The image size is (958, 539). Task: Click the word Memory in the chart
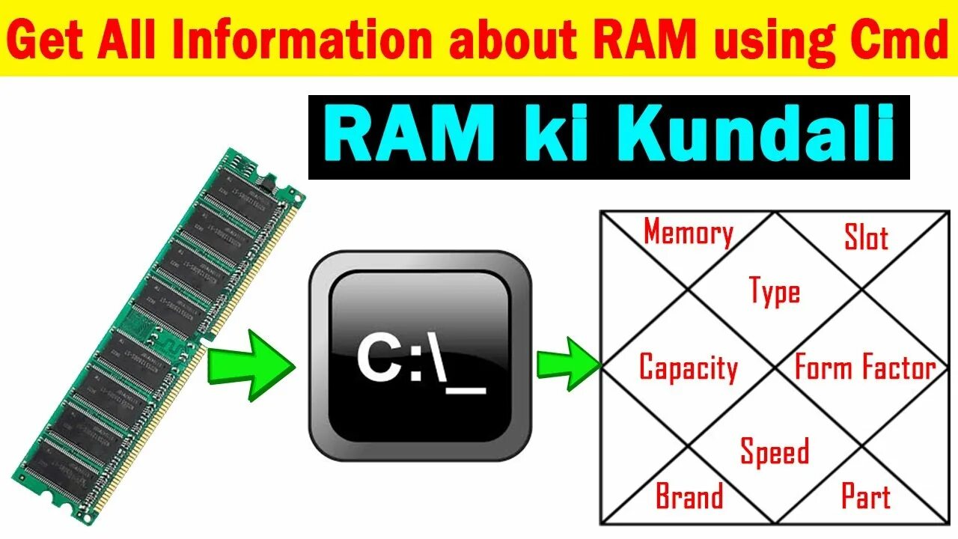(688, 233)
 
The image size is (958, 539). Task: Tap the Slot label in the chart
(866, 237)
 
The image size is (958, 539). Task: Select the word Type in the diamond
(775, 291)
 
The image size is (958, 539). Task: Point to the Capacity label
(689, 368)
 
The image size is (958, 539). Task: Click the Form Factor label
(864, 368)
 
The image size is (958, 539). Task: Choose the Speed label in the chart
(775, 452)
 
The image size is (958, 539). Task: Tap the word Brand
(689, 496)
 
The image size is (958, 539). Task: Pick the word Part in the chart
(866, 496)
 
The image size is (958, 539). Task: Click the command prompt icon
(420, 356)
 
